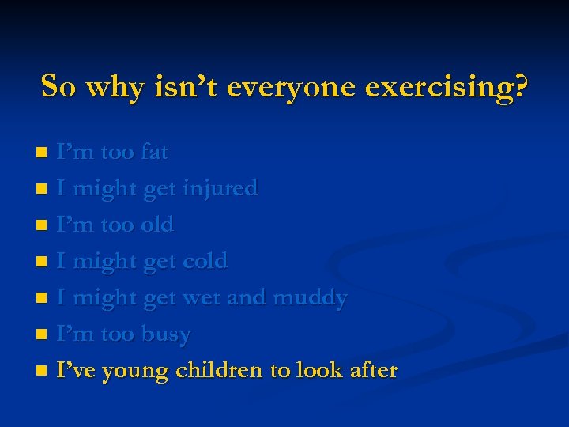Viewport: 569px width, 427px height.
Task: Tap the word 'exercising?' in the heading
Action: click(x=447, y=86)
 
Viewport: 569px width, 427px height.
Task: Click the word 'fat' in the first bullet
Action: click(x=153, y=151)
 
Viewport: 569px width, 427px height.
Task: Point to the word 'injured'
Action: click(x=220, y=188)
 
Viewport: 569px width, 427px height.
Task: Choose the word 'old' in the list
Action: click(x=156, y=224)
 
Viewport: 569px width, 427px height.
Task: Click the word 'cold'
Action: click(x=205, y=260)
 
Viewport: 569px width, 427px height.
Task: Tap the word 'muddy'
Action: click(x=309, y=297)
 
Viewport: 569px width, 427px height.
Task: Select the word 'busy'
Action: click(x=166, y=334)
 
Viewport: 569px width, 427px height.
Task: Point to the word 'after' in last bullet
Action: click(x=371, y=370)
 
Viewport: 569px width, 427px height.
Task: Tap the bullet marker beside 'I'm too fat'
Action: click(x=45, y=152)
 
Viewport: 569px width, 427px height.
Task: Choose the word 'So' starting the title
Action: click(x=59, y=86)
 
